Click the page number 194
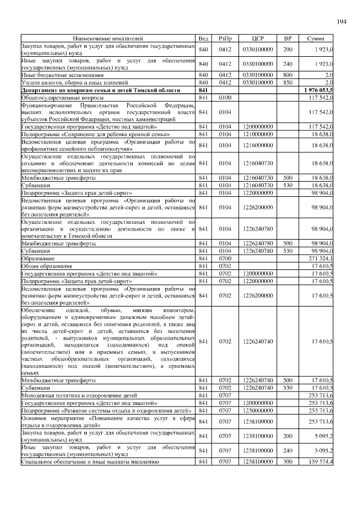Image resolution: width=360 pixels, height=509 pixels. [x=341, y=21]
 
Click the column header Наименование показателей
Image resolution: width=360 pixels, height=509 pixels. [x=107, y=38]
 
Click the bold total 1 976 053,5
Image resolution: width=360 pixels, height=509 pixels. [x=318, y=90]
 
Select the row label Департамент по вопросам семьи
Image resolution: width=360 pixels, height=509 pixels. [x=101, y=90]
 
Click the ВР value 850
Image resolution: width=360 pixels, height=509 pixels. [x=287, y=82]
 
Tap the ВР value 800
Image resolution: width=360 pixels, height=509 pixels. [x=287, y=75]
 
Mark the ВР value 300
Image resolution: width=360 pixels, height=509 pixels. [x=287, y=462]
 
